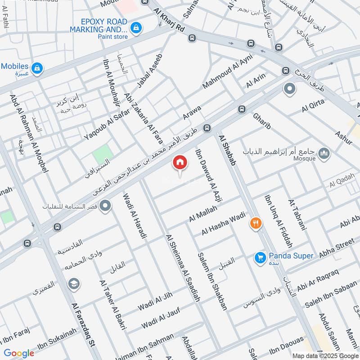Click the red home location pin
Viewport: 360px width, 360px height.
click(180, 162)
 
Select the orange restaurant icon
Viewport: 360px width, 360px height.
click(256, 223)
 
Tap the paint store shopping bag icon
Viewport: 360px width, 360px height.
click(135, 28)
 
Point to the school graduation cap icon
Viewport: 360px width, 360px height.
click(73, 284)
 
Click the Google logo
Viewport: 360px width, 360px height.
click(19, 353)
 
